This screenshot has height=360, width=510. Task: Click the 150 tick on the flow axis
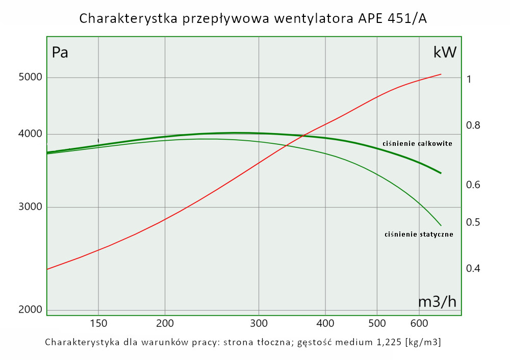click(98, 323)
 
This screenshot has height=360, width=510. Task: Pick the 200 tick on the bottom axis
click(165, 323)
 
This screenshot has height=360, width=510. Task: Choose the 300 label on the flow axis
click(259, 323)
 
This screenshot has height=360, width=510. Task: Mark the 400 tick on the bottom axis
click(325, 323)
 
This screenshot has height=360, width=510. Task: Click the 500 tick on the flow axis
click(377, 323)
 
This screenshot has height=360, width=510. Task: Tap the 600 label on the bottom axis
click(419, 323)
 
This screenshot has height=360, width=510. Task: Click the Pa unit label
click(60, 52)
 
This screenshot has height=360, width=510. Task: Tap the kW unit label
click(445, 52)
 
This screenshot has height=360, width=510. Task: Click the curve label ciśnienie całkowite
click(417, 144)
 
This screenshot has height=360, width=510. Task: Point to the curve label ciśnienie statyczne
click(419, 235)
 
